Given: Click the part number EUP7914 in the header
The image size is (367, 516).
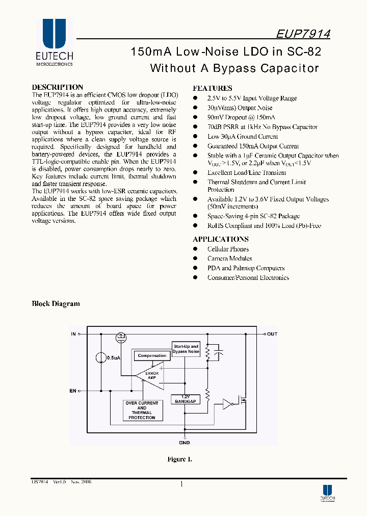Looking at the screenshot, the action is tap(303, 34).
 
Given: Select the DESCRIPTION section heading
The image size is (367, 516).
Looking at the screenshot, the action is tap(57, 87).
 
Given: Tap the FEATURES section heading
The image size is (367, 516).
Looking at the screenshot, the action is tap(212, 88).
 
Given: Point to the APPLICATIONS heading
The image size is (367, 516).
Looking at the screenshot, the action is tap(220, 239).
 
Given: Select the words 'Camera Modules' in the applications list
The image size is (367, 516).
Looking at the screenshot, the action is tap(229, 259).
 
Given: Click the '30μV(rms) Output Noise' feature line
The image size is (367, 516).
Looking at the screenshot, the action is tap(240, 108).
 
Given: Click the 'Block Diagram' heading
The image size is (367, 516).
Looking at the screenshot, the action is tap(56, 304).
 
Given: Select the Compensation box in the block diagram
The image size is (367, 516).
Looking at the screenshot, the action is tap(152, 355).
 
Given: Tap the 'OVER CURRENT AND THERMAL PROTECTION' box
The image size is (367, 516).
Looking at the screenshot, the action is tap(142, 410).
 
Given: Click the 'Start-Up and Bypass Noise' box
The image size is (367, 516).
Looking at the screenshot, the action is tap(186, 349).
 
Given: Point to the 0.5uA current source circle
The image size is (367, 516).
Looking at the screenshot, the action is tap(101, 358).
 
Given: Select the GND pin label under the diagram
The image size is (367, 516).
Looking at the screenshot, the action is tap(184, 443).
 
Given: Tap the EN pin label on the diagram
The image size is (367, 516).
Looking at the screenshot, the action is tap(72, 391).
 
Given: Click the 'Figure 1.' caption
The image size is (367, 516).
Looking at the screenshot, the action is tap(179, 459).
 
